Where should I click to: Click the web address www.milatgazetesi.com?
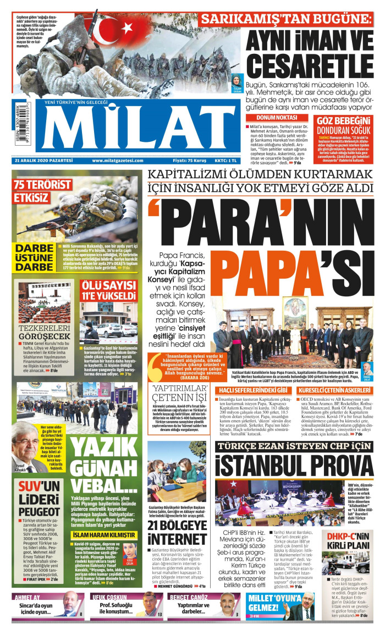pos(116,161)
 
